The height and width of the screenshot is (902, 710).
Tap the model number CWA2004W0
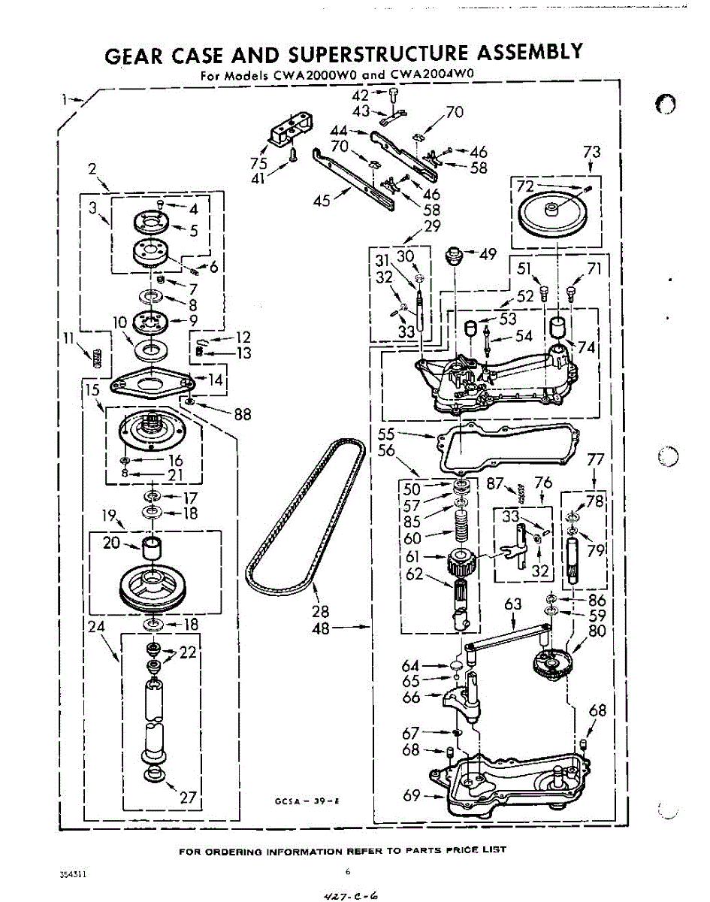coord(436,75)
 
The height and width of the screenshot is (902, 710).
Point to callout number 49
coord(488,255)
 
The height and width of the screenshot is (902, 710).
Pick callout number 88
coord(242,413)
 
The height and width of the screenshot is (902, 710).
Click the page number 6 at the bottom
coord(348,872)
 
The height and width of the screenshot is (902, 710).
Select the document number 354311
coord(72,875)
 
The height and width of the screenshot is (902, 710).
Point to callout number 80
coord(597,631)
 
